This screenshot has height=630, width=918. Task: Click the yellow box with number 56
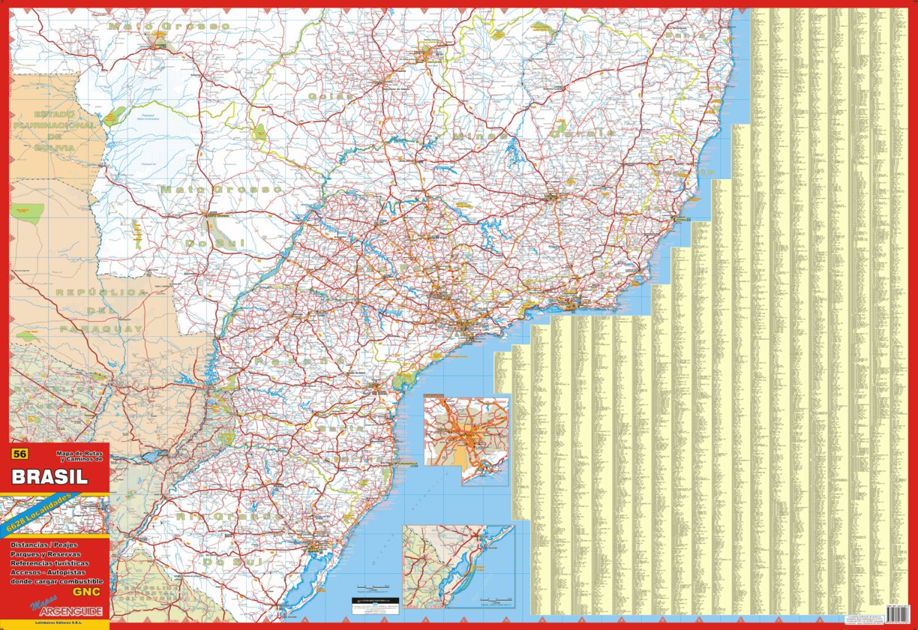[20, 454]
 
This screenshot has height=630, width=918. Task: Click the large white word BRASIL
[50, 476]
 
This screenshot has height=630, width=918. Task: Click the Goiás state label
[330, 96]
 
